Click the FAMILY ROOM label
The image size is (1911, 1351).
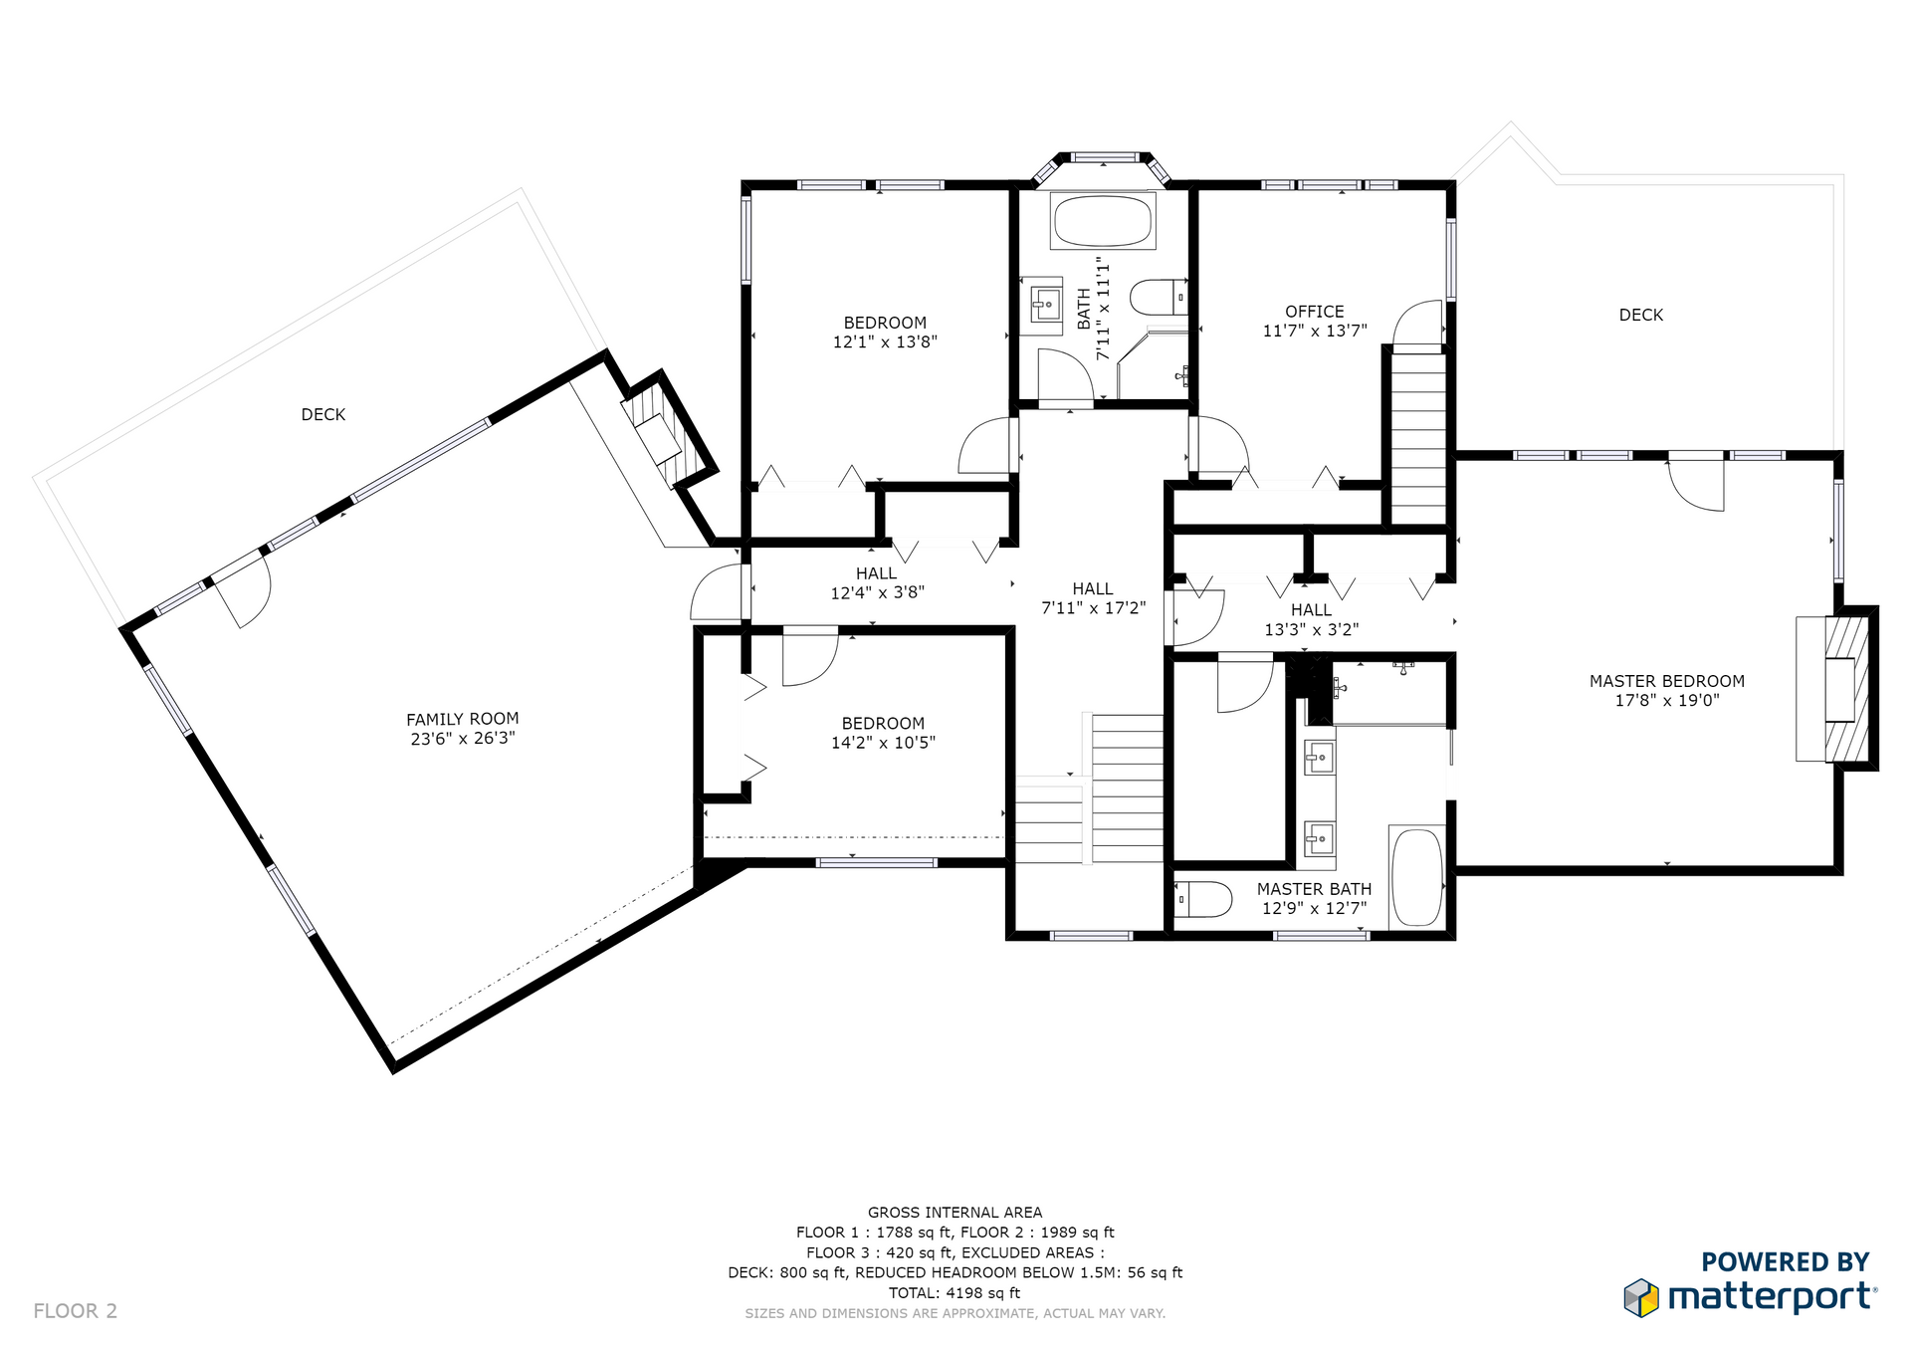[462, 719]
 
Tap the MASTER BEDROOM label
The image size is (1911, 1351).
[1667, 681]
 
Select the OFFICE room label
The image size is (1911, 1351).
[1314, 312]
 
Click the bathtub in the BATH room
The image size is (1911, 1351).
[1103, 220]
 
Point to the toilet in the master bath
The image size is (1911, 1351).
[1203, 898]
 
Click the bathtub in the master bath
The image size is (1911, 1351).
[1416, 877]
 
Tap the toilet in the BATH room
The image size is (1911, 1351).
[1159, 297]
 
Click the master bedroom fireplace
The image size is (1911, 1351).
[1836, 689]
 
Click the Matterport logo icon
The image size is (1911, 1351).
[1641, 1298]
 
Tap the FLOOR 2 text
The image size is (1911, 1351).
[76, 1311]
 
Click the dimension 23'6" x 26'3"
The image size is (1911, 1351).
[463, 739]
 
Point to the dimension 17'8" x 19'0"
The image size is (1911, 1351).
[1667, 700]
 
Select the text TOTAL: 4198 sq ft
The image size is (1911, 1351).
[955, 1293]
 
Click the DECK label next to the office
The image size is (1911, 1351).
[1641, 315]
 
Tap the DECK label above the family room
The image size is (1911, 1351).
[323, 414]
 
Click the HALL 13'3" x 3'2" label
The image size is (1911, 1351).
[1312, 619]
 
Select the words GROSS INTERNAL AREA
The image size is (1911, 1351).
[955, 1213]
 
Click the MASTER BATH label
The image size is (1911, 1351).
[1314, 889]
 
